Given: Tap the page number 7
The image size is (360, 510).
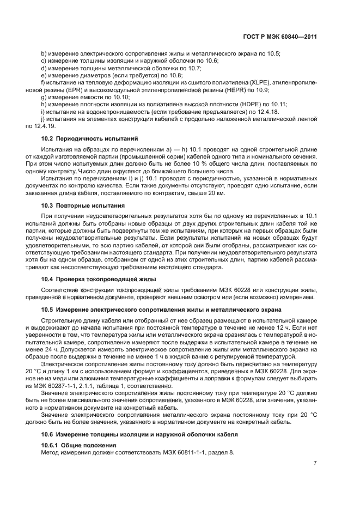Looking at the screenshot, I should pos(315,463).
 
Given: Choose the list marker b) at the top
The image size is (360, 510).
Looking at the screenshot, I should pos(44,54).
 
